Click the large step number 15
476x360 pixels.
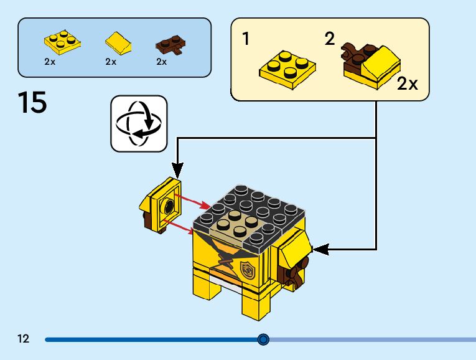click(x=32, y=103)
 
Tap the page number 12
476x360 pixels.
click(x=24, y=339)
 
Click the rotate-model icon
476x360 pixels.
click(x=139, y=123)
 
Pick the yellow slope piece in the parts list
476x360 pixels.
click(x=118, y=44)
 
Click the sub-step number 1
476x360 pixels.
click(x=246, y=39)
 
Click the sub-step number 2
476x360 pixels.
click(x=329, y=39)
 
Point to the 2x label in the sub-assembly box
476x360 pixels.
click(x=408, y=85)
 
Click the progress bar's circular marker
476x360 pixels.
click(x=263, y=339)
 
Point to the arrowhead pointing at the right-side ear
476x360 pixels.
click(x=319, y=250)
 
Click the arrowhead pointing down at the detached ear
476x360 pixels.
click(x=177, y=170)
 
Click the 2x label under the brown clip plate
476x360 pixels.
click(x=162, y=62)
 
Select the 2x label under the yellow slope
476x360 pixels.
click(x=111, y=62)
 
